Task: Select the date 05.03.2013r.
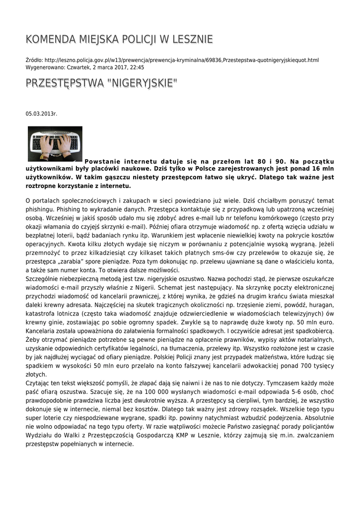(41, 114)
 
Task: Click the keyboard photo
(55, 143)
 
